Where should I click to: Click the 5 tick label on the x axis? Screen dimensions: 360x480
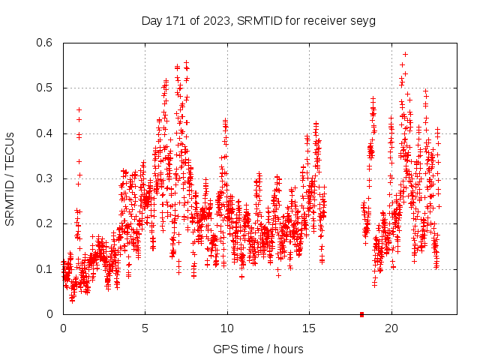(x=145, y=328)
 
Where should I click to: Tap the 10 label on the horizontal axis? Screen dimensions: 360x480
(x=227, y=328)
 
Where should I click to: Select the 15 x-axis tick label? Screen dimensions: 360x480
(x=309, y=328)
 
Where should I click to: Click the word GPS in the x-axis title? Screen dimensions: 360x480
(x=224, y=349)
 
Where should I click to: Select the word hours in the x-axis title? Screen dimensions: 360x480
(x=288, y=349)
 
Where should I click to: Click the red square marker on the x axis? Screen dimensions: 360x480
(x=361, y=314)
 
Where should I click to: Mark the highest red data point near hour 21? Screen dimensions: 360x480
(x=406, y=54)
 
